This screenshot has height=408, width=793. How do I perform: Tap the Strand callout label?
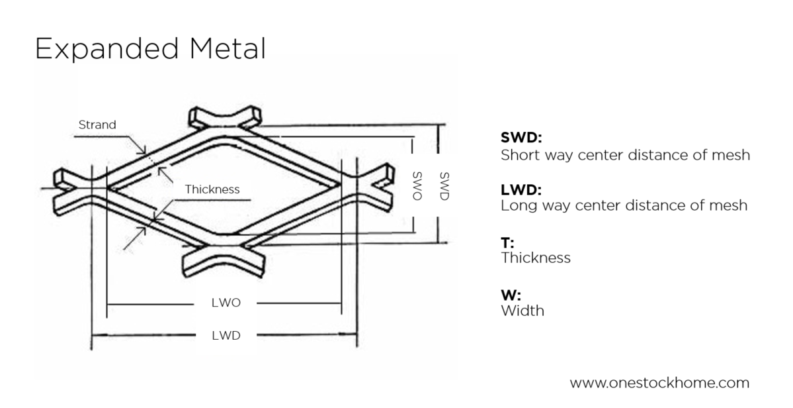click(97, 125)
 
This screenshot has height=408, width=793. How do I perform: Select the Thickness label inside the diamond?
click(212, 189)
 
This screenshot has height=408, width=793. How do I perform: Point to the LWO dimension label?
click(226, 303)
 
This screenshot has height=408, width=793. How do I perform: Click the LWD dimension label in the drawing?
click(226, 335)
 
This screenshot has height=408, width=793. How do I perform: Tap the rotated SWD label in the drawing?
click(444, 186)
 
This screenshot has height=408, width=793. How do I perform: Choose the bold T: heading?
click(507, 242)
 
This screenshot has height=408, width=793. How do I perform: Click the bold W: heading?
click(509, 295)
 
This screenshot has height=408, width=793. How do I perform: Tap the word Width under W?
click(522, 310)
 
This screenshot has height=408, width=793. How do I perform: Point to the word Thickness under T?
click(536, 258)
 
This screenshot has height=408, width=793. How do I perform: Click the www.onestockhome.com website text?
click(659, 383)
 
